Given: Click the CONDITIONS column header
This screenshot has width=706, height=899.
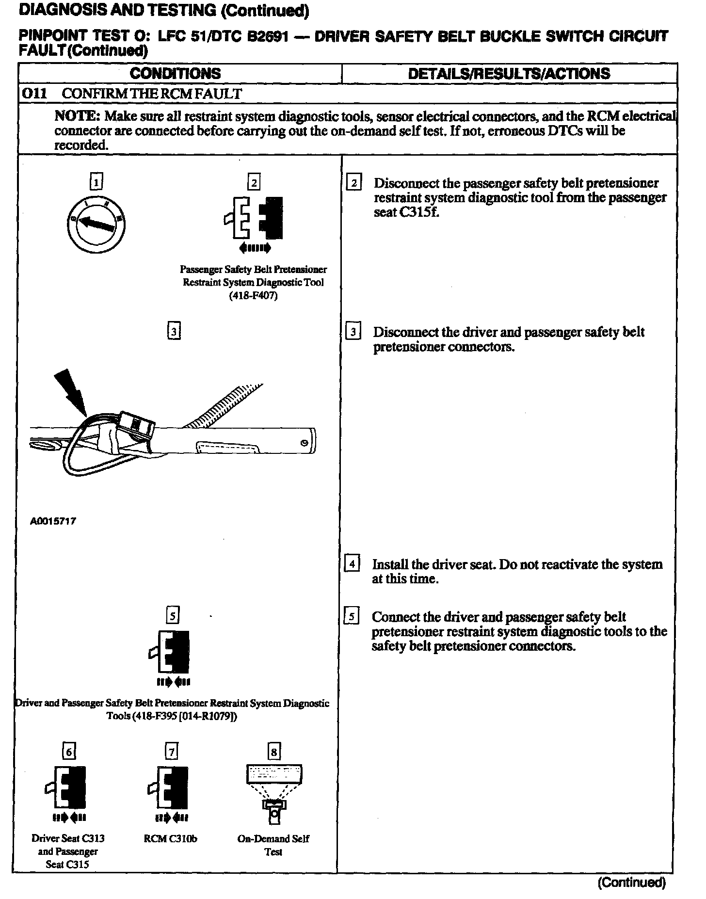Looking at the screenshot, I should (x=175, y=74).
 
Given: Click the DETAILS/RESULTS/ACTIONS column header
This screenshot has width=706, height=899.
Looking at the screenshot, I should (x=509, y=74).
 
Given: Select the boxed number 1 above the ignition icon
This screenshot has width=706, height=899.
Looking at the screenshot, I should (x=96, y=182).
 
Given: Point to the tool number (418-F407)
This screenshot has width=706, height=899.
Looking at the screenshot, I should (x=253, y=295).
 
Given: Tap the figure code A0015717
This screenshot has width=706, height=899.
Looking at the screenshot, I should (x=53, y=522).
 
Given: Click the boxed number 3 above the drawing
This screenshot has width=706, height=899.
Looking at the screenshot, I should (x=173, y=331).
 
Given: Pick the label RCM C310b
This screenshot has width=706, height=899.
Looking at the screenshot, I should (x=170, y=838).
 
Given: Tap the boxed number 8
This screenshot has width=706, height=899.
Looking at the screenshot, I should (x=273, y=752).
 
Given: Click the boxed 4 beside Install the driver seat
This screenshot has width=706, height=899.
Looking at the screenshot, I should (x=351, y=564).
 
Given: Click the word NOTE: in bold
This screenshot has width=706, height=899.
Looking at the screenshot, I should (x=78, y=116).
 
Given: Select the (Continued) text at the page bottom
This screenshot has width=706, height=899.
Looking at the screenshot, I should (x=631, y=883).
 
